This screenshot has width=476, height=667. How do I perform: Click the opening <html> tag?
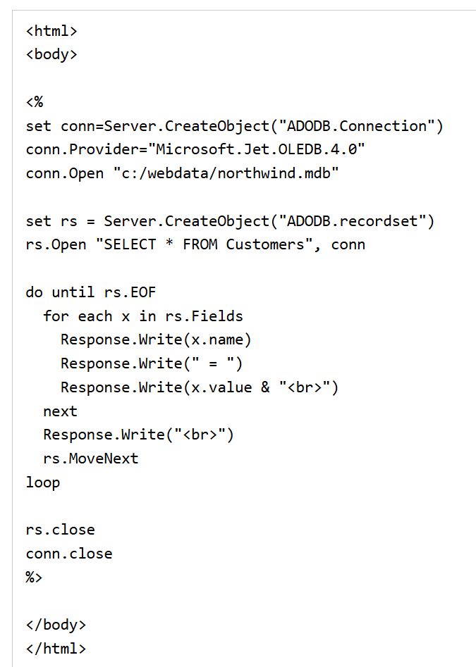[x=51, y=31]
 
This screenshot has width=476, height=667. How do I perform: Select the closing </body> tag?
[x=56, y=625]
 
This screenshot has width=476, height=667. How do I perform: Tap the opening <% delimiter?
[x=35, y=102]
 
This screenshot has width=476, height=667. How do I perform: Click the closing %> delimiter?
[x=35, y=578]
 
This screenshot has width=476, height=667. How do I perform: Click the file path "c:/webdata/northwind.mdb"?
[x=226, y=173]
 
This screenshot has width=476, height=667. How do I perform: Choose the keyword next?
[x=60, y=411]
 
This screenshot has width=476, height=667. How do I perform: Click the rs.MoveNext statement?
[x=91, y=459]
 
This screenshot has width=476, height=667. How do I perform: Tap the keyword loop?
[x=43, y=482]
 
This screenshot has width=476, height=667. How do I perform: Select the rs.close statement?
[x=60, y=530]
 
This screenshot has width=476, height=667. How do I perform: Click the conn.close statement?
[x=69, y=554]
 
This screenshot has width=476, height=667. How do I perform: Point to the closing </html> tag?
[x=56, y=648]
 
